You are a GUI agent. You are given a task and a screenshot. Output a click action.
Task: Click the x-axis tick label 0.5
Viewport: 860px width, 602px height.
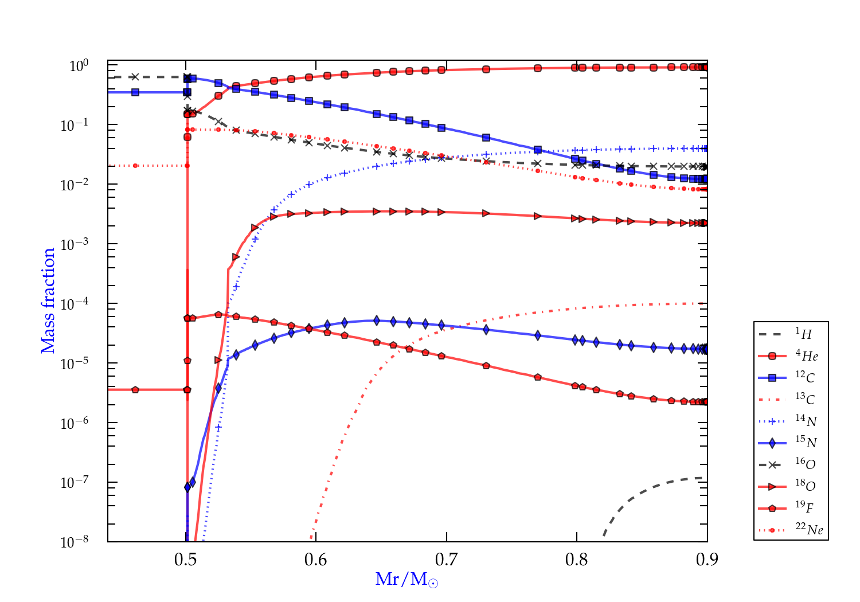pyautogui.click(x=186, y=560)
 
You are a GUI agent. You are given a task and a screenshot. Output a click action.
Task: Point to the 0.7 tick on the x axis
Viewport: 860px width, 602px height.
pyautogui.click(x=446, y=560)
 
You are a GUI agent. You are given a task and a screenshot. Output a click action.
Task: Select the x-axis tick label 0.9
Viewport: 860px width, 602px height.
pyautogui.click(x=707, y=560)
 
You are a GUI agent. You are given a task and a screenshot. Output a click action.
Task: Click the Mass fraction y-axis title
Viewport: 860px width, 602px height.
pyautogui.click(x=48, y=300)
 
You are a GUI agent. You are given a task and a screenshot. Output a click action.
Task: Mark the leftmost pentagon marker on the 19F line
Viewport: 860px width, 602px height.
pyautogui.click(x=135, y=390)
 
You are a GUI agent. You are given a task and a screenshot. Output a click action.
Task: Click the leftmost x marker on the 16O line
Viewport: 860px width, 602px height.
pyautogui.click(x=135, y=77)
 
